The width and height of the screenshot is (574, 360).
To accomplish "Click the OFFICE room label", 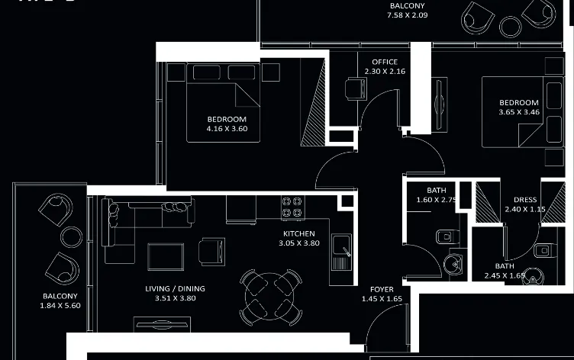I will click(385, 62).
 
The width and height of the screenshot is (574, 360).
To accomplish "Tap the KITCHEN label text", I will click(299, 234).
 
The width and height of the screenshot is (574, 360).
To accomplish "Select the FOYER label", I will click(382, 290).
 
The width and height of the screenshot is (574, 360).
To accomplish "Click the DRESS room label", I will click(525, 200).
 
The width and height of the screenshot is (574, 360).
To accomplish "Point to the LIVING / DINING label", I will click(175, 289).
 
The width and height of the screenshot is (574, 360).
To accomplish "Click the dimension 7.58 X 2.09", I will click(406, 14).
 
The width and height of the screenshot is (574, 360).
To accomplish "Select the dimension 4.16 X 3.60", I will click(227, 129).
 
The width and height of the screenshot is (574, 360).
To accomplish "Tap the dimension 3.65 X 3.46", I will click(519, 112).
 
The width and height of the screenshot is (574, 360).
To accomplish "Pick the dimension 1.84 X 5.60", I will click(60, 305).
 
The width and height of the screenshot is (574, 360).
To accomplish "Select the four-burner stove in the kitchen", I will click(292, 207).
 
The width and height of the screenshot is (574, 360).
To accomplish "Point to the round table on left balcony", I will click(71, 235).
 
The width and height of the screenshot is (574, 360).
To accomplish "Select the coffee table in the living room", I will click(166, 256).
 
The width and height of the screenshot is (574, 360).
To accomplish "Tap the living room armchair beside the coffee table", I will click(211, 249).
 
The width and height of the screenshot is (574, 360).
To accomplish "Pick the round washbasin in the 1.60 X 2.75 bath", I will click(453, 264).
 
